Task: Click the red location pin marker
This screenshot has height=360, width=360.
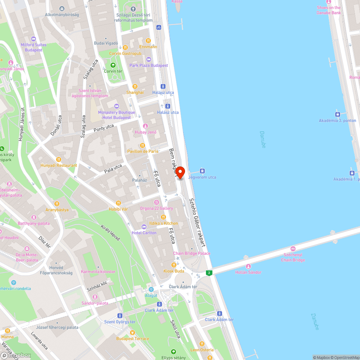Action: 180,172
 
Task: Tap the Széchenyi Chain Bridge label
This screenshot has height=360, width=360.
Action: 293,257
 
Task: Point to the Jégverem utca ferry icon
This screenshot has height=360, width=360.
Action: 202,171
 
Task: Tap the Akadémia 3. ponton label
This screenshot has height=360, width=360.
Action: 337,121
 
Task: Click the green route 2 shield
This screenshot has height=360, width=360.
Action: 209,273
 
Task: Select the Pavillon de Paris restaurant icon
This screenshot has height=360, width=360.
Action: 143,145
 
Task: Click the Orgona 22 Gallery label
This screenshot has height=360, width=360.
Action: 156,208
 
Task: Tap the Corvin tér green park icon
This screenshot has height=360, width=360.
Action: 113,65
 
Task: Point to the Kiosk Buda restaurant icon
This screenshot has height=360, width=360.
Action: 174,265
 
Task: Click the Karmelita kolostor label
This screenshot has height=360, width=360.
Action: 98,272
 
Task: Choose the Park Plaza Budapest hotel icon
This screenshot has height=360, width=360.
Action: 149,59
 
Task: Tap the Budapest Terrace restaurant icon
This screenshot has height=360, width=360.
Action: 132,332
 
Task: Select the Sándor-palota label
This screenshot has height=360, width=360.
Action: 95,303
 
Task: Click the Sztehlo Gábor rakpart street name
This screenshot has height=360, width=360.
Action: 198,223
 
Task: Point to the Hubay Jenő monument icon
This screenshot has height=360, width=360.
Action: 145,126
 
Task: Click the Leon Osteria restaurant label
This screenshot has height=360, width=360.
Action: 202,350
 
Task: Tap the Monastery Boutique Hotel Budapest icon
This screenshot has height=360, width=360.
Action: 116,106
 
